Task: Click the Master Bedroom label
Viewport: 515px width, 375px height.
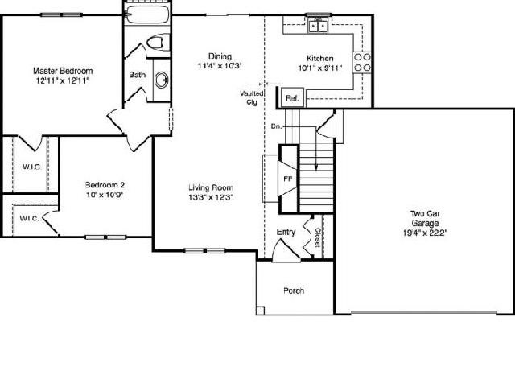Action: (63, 71)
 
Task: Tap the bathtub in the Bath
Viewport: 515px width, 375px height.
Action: (147, 14)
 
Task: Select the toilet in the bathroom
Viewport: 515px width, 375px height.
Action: (158, 42)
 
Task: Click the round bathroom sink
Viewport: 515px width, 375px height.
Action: (162, 80)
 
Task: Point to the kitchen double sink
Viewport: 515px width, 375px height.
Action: (319, 26)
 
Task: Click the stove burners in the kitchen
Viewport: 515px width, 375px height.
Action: (362, 63)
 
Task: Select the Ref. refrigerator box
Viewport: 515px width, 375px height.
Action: (292, 97)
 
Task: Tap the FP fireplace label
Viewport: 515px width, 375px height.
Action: (288, 179)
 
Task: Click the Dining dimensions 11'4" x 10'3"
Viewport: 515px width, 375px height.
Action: (220, 66)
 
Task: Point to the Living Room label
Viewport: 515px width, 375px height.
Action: (211, 187)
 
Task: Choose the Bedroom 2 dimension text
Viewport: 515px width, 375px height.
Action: (105, 195)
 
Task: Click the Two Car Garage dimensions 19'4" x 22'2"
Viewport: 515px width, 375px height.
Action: (425, 233)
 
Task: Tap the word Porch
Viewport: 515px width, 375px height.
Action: (294, 291)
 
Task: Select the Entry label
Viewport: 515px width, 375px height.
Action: (286, 232)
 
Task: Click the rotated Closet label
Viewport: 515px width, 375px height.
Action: (318, 237)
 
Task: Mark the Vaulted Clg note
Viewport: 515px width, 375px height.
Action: (252, 98)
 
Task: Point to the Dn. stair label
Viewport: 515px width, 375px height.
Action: (277, 126)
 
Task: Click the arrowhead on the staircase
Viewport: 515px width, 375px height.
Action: (316, 167)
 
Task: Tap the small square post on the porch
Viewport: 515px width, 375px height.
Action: (260, 311)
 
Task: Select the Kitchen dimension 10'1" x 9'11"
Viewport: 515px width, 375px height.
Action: (320, 68)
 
